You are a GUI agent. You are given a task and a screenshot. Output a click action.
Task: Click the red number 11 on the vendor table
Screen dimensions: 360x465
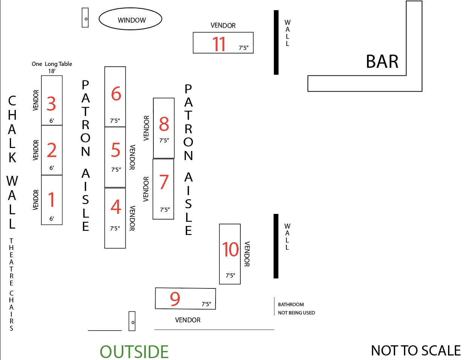[x=219, y=44]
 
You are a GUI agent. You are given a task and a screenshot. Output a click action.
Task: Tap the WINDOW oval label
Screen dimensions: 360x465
[x=132, y=20]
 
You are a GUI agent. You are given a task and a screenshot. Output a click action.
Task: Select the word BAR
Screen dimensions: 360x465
[x=382, y=61]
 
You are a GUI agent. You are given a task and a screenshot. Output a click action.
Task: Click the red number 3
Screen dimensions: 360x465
[x=51, y=104]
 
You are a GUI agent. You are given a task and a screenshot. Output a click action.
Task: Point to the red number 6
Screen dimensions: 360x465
[x=116, y=94]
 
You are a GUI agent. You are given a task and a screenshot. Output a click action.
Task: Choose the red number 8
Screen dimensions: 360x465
[x=164, y=124]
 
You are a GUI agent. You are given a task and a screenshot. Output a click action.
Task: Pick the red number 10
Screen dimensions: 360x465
[x=230, y=250]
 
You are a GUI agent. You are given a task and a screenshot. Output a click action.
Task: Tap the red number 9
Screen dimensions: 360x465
[x=175, y=299]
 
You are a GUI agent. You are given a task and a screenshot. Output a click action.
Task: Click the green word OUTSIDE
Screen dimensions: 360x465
[x=134, y=352]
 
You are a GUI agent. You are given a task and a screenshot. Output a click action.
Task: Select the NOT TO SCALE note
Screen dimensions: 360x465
[x=416, y=351]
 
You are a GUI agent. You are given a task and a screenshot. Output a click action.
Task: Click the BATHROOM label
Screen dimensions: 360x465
[x=291, y=305]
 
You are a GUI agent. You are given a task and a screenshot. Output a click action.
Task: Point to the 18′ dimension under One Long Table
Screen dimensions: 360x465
[x=52, y=71]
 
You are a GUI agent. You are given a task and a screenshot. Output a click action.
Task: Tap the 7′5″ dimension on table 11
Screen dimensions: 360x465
[x=243, y=48]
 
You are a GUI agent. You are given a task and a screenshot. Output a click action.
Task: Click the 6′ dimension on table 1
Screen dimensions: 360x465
[x=52, y=218]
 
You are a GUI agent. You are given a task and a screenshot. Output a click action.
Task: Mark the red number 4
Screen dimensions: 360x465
[x=116, y=207]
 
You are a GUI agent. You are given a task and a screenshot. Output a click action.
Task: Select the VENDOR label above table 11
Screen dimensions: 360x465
[x=223, y=26]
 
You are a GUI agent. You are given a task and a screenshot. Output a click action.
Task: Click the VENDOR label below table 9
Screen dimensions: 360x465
[x=188, y=320]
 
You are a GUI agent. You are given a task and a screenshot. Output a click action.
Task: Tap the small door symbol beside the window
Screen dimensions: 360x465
[x=86, y=18]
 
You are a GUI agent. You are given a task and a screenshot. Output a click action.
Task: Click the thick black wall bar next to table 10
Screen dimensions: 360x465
[x=276, y=246]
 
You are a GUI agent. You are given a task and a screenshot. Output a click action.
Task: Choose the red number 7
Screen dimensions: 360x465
[x=164, y=182]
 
